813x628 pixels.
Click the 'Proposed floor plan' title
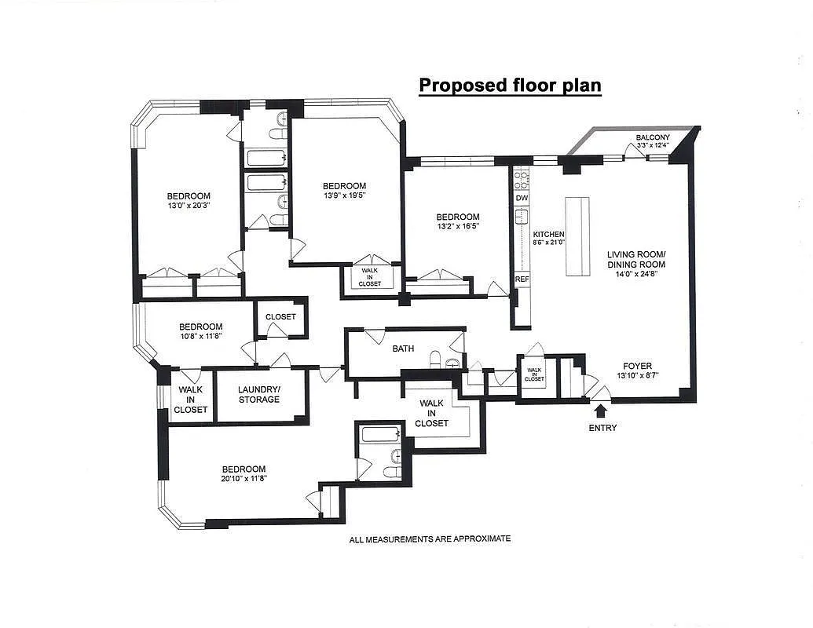[510, 85]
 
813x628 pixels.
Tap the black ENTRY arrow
[601, 409]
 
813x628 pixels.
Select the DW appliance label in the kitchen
[522, 199]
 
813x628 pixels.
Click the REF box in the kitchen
[522, 279]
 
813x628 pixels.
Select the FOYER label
[637, 366]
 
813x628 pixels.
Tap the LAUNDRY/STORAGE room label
[259, 394]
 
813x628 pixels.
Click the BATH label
[403, 349]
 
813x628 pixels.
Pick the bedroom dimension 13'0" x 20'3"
[189, 206]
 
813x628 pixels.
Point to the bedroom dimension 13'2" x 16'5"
[457, 227]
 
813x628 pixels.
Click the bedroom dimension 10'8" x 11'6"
[200, 337]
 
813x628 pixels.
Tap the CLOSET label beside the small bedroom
[280, 316]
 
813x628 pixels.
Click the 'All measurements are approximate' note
[430, 539]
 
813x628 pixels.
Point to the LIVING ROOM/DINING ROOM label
[636, 259]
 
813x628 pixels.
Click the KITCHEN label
[549, 235]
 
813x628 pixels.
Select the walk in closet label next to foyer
[534, 374]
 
